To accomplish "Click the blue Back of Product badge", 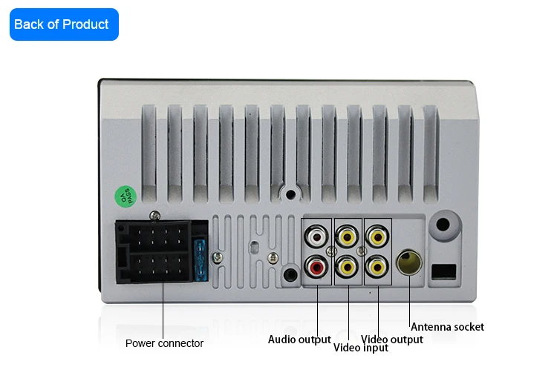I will click(64, 24).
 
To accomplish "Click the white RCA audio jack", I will click(317, 237).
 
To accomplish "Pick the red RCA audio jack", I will click(317, 266).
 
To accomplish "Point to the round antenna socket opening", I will click(411, 263).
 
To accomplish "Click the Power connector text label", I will click(164, 343).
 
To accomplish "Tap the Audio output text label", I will click(299, 340).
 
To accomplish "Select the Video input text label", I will click(360, 348).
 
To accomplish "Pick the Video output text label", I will click(392, 340).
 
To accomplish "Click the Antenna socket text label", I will click(447, 327).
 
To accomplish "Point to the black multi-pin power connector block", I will click(154, 253).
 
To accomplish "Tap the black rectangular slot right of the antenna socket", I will click(444, 271).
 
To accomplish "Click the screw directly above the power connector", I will click(154, 216).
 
